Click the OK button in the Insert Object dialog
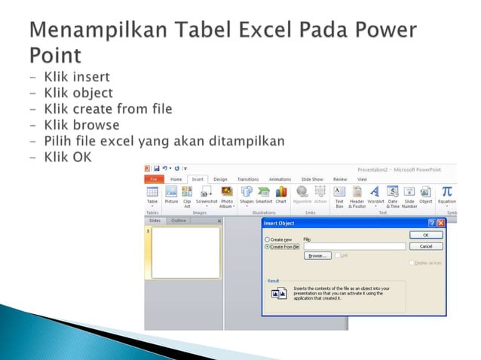(426, 235)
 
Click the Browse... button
(317, 255)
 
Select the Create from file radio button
(267, 246)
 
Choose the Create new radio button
(267, 239)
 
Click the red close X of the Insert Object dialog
(440, 224)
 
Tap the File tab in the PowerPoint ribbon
(153, 179)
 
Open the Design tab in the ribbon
(220, 179)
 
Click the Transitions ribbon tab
(247, 179)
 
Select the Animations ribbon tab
(280, 179)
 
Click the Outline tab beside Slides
(179, 221)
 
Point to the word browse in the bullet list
(92, 124)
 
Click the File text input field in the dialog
(354, 246)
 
